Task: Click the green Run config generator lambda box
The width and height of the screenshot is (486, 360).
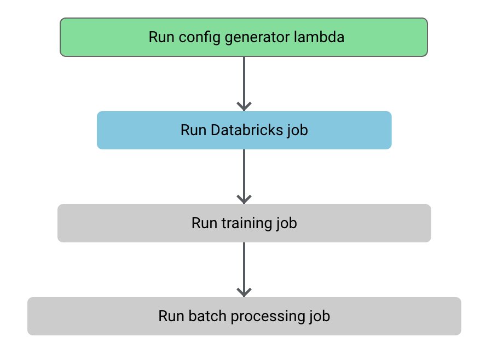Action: tap(244, 37)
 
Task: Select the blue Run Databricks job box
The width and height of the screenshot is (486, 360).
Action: tap(244, 130)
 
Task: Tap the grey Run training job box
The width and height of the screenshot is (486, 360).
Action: tap(244, 223)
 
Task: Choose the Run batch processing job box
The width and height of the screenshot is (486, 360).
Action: tap(244, 316)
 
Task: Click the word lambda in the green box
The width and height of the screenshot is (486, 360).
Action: tap(319, 37)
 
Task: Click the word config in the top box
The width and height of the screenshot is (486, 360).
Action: tap(200, 38)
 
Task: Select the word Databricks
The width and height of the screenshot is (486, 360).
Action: tap(247, 130)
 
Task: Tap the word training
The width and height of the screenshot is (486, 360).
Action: tap(246, 224)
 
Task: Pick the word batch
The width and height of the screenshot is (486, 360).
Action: tap(207, 316)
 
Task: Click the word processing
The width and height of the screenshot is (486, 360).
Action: tap(268, 317)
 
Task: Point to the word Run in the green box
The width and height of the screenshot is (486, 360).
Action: tap(161, 37)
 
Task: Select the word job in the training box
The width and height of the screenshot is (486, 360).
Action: tap(286, 224)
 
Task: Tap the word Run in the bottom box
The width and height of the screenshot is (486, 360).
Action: tap(171, 316)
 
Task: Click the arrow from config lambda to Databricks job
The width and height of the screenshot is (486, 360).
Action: tap(244, 84)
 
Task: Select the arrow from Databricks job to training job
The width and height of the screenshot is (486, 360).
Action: tap(244, 177)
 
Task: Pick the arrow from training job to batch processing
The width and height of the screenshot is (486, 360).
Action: tap(244, 270)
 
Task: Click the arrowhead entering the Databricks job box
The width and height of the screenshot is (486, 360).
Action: tap(244, 107)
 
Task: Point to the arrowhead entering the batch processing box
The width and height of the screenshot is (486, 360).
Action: tap(244, 293)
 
